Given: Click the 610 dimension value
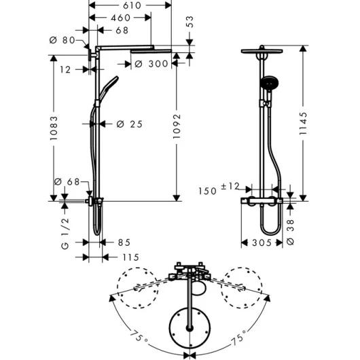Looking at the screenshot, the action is click(x=132, y=5).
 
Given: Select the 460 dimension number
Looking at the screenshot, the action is click(x=121, y=18).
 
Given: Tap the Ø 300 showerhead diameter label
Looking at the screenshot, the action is click(x=151, y=64).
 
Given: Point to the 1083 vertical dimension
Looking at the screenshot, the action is click(x=54, y=128).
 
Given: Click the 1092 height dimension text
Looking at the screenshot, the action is click(x=177, y=126).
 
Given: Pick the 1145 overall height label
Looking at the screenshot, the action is click(x=303, y=124).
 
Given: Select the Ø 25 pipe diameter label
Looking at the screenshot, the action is click(x=130, y=124).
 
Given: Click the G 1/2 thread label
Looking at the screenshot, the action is click(x=65, y=234).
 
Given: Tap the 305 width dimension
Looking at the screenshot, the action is click(x=262, y=242).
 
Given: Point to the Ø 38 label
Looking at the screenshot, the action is click(x=291, y=232).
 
